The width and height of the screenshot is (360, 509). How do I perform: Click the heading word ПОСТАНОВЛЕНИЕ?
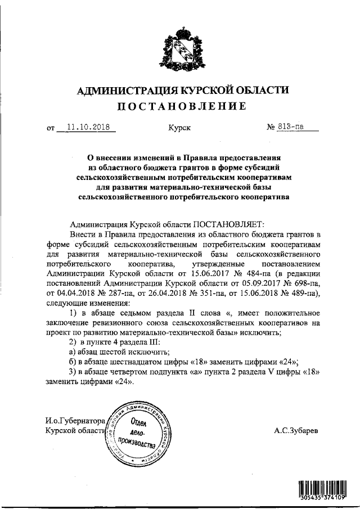click(181, 106)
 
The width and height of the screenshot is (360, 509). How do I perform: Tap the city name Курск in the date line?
click(179, 128)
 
